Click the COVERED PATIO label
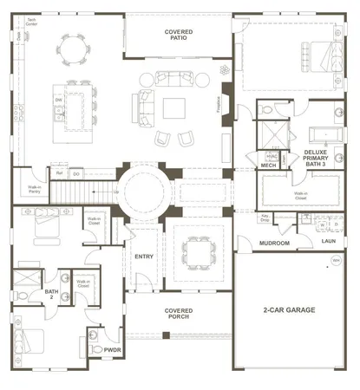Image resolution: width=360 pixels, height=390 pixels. pos(180,35)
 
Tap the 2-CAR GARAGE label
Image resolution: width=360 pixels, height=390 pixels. pos(290,309)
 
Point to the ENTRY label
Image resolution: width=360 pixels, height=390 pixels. pos(144,257)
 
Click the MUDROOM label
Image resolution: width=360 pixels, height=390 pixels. pos(275,244)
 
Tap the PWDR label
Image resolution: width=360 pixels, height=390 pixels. pos(112,351)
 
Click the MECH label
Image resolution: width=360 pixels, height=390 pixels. pos(269,165)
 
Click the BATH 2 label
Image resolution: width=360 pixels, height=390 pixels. pos(51,295)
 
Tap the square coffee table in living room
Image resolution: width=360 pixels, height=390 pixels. pos(175,108)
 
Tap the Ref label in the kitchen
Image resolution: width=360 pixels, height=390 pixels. pos(60,173)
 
